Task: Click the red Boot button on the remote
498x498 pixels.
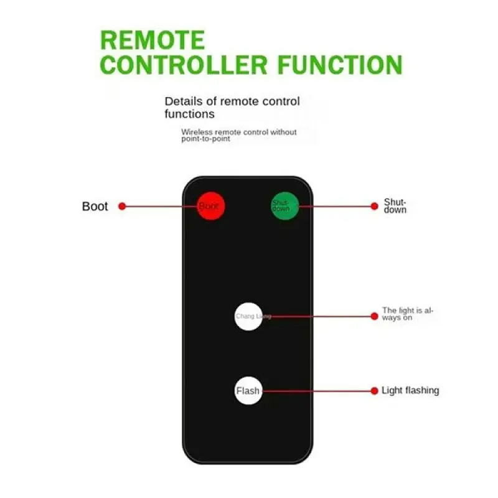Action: (x=210, y=206)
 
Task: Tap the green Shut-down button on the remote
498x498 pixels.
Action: (x=284, y=205)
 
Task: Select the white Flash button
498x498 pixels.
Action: (x=248, y=391)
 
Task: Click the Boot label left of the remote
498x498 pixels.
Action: (x=95, y=207)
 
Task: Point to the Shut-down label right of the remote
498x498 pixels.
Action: (x=395, y=206)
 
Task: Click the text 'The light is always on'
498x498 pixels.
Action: (x=407, y=314)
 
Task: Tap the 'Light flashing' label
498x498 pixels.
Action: (x=410, y=390)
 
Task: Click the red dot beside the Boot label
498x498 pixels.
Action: (x=122, y=206)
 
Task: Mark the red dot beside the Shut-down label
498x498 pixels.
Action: (x=374, y=205)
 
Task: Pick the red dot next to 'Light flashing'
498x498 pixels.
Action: (x=374, y=391)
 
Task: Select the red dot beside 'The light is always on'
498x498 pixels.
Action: (x=374, y=316)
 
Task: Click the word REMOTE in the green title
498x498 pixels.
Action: (x=152, y=40)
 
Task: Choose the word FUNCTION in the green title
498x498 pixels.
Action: (x=340, y=65)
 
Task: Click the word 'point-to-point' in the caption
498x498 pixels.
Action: (x=205, y=139)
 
